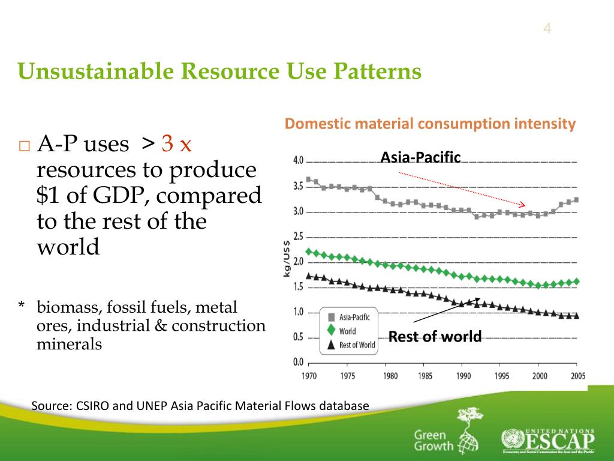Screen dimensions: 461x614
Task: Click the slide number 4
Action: (547, 28)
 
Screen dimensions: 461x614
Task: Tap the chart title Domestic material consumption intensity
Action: (430, 124)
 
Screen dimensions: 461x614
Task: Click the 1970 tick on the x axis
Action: (309, 376)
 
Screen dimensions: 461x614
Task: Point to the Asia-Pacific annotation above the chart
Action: (420, 157)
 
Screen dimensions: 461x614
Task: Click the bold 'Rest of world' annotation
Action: (435, 337)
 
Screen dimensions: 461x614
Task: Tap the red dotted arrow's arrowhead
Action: (522, 205)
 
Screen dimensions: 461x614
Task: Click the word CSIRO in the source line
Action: (93, 406)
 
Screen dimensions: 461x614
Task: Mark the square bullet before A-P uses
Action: (23, 146)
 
